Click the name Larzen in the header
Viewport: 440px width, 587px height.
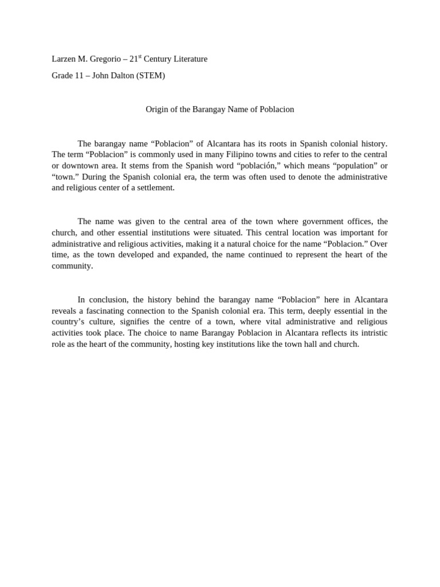tap(64, 59)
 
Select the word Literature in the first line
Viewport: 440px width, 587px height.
tap(188, 59)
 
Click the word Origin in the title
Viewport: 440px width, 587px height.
tap(158, 109)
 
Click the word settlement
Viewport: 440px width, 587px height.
tap(155, 187)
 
